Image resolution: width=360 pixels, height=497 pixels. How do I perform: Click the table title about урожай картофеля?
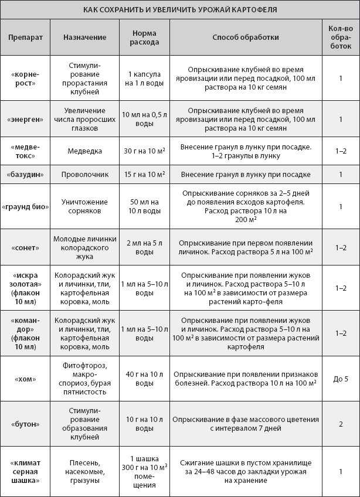coord(180,10)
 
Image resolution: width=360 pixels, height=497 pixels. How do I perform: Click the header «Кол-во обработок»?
coord(340,37)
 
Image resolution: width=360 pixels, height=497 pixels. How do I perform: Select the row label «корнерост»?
coord(23,78)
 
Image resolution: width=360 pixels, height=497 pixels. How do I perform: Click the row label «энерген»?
coord(23,119)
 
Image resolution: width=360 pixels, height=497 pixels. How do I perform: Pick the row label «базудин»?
coord(23,175)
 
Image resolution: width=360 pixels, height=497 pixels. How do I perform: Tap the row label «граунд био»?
coord(23,206)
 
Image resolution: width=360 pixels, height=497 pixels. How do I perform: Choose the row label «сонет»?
coord(23,248)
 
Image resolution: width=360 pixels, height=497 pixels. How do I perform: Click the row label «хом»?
coord(23,379)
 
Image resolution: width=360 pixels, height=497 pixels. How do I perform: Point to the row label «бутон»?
coord(23,424)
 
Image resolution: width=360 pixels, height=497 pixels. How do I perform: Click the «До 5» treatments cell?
coord(340,379)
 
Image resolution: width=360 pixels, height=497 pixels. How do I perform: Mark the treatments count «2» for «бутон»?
coord(340,424)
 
